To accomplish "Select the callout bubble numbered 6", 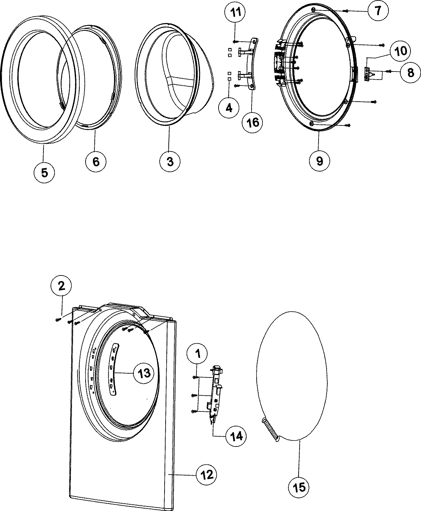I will [96, 162].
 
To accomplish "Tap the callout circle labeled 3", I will [170, 162].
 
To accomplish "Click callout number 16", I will [253, 122].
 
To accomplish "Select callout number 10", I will [399, 51].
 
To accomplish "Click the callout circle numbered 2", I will [61, 286].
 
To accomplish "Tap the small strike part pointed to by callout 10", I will [368, 74].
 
